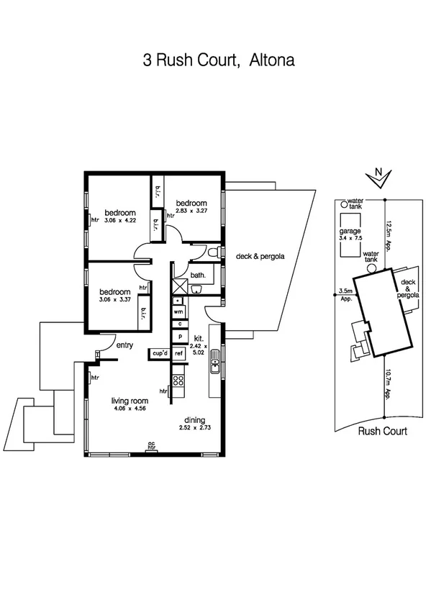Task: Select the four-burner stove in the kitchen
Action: click(178, 382)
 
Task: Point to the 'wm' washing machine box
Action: click(177, 311)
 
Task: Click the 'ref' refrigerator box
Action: click(178, 353)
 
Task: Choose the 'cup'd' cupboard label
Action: click(158, 353)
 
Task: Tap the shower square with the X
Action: click(178, 284)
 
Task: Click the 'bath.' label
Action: click(199, 275)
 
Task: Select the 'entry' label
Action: click(124, 345)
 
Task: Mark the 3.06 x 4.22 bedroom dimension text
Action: click(120, 221)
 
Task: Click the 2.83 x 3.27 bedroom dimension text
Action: click(192, 211)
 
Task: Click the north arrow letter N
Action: click(378, 172)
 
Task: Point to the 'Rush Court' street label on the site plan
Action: click(382, 432)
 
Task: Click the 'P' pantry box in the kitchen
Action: click(177, 337)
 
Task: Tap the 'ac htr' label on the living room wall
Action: click(151, 445)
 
